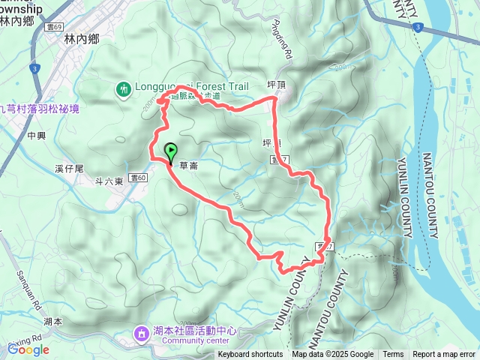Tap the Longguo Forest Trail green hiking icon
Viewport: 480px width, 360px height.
pyautogui.click(x=124, y=88)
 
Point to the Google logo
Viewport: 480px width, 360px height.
pyautogui.click(x=29, y=349)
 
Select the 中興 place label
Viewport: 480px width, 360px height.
pyautogui.click(x=35, y=136)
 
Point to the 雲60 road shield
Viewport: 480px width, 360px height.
pyautogui.click(x=139, y=178)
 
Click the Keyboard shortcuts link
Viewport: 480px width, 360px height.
pyautogui.click(x=250, y=355)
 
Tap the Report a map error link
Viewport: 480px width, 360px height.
pyautogui.click(x=444, y=355)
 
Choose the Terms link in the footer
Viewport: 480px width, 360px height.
pyautogui.click(x=393, y=355)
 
